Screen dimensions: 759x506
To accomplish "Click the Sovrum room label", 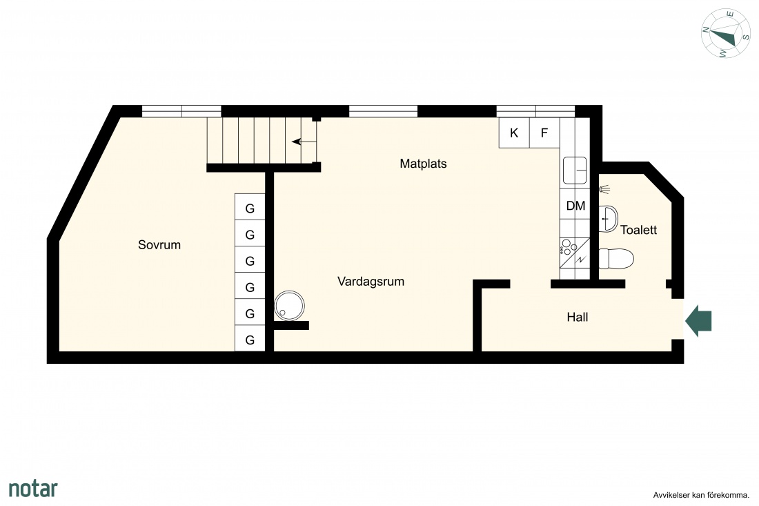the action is tap(159, 245).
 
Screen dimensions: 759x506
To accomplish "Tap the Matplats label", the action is tap(423, 164).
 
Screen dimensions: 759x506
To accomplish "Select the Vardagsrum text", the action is tap(371, 282).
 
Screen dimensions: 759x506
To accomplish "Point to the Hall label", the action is tap(578, 317).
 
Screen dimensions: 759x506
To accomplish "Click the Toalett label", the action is tap(638, 230).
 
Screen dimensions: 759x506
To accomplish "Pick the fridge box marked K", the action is tap(514, 133).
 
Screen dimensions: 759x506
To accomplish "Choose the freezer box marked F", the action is tap(544, 133).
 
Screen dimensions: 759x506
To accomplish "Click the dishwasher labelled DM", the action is tap(575, 206).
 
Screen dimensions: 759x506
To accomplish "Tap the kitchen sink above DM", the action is tap(575, 171).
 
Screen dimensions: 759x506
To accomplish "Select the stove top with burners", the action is tap(575, 252).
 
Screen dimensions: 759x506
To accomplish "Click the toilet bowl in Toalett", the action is tap(616, 259).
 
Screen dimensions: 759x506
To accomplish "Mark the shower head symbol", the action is tap(604, 189).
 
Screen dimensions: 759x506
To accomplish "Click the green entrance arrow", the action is tap(698, 320).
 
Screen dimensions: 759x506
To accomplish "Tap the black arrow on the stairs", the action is tap(304, 142).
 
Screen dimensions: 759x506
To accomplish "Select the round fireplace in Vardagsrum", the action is tap(290, 306).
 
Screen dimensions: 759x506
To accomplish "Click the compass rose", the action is tap(726, 33).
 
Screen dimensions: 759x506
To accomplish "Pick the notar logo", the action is tap(33, 488).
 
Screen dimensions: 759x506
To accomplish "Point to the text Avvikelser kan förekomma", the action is tap(701, 495).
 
